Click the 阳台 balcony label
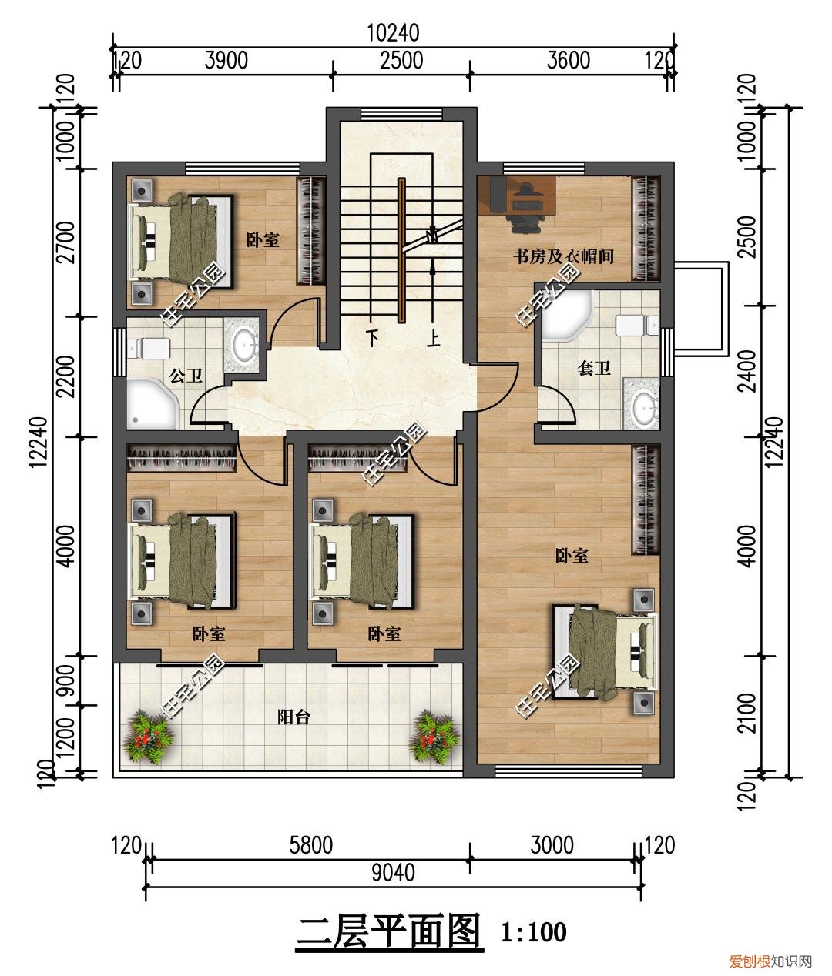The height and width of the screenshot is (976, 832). tap(294, 717)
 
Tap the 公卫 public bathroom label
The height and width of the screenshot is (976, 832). tap(186, 376)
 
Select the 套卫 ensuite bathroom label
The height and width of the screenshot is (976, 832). tap(594, 368)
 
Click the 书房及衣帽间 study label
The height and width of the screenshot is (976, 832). tap(563, 256)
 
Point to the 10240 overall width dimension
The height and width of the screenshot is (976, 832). tap(394, 33)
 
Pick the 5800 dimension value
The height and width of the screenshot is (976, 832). tap(311, 845)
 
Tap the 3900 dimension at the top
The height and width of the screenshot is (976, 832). tap(226, 61)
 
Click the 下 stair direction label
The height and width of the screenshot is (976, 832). tap(373, 338)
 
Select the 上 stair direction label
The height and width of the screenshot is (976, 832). tap(434, 338)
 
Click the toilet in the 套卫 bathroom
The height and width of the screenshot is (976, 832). tap(637, 326)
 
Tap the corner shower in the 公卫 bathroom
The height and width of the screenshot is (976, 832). tap(151, 404)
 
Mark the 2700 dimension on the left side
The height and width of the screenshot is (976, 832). tap(68, 242)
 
